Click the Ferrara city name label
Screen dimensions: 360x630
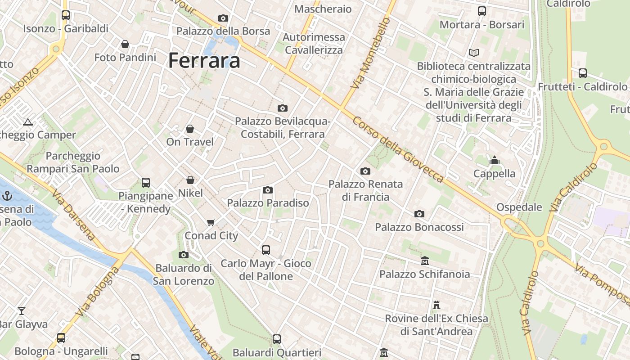point(204,61)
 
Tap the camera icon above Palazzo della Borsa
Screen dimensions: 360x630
point(223,18)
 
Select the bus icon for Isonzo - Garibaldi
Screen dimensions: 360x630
point(66,15)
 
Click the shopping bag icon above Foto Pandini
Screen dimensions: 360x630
point(125,44)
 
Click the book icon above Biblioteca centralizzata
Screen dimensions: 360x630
point(473,53)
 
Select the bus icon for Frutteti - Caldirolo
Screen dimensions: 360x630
point(582,73)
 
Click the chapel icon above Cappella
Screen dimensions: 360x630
point(495,160)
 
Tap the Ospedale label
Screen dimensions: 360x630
point(519,207)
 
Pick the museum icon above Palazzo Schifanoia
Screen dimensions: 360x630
point(424,261)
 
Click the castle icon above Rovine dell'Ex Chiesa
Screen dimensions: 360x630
point(436,305)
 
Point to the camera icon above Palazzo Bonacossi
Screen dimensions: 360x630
point(419,214)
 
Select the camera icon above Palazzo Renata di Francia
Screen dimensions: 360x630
point(365,171)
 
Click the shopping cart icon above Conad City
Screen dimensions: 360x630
point(211,222)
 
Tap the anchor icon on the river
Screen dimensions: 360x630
point(7,195)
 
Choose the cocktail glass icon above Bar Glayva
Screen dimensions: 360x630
point(21,310)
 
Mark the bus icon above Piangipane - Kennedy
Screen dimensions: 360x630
point(145,183)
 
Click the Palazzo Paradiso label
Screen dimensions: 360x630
point(268,203)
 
